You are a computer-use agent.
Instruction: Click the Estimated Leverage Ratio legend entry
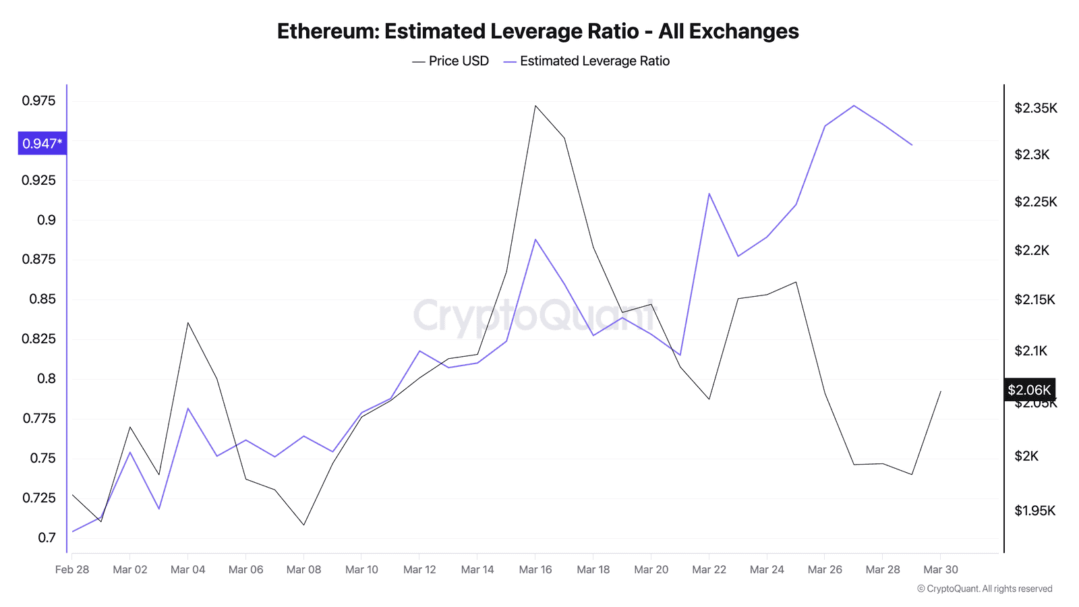coord(587,61)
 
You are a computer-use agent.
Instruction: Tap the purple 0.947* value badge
coord(42,143)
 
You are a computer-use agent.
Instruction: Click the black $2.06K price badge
coord(1029,390)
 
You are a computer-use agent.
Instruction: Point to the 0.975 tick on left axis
coord(39,101)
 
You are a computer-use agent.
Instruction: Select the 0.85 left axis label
coord(42,299)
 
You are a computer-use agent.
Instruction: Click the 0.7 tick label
coord(47,538)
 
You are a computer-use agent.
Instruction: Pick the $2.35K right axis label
coord(1036,108)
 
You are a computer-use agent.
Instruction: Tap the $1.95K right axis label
coord(1034,511)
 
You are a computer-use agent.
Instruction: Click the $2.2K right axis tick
coord(1032,250)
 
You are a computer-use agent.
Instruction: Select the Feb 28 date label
coord(72,569)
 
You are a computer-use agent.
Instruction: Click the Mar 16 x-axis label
coord(535,569)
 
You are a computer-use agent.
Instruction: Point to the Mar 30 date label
coord(941,569)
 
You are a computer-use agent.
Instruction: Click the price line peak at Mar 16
coord(535,106)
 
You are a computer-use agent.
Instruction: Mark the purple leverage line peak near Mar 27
coord(854,105)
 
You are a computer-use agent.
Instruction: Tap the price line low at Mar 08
coord(304,525)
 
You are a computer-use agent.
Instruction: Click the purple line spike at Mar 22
coord(709,194)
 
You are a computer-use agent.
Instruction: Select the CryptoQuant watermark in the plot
coord(534,315)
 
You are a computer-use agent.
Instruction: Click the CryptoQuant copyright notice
coord(985,589)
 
